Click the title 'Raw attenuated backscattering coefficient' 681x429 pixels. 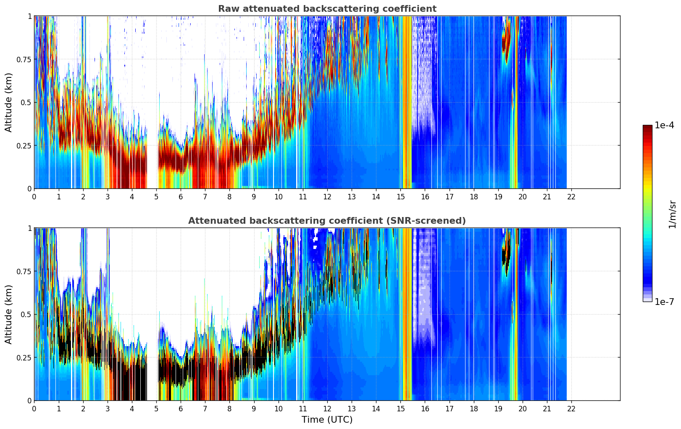tap(327, 9)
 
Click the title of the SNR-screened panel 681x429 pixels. tap(327, 221)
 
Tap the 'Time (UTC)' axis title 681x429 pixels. tap(327, 420)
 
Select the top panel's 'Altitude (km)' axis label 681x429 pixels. tap(9, 102)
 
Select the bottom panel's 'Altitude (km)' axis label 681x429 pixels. tap(9, 314)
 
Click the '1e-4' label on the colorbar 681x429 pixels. tap(664, 125)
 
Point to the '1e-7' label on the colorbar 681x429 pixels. tap(664, 302)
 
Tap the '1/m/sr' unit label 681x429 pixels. tap(672, 214)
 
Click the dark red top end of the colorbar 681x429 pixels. tap(647, 127)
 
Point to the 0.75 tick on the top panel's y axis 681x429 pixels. tap(24, 59)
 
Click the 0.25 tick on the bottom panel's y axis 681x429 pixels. tap(24, 357)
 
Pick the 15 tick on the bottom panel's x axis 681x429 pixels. tap(400, 408)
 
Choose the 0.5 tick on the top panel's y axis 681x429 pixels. tap(26, 102)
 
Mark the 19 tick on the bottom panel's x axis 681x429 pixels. tap(498, 408)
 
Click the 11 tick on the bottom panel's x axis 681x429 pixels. tap(302, 408)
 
